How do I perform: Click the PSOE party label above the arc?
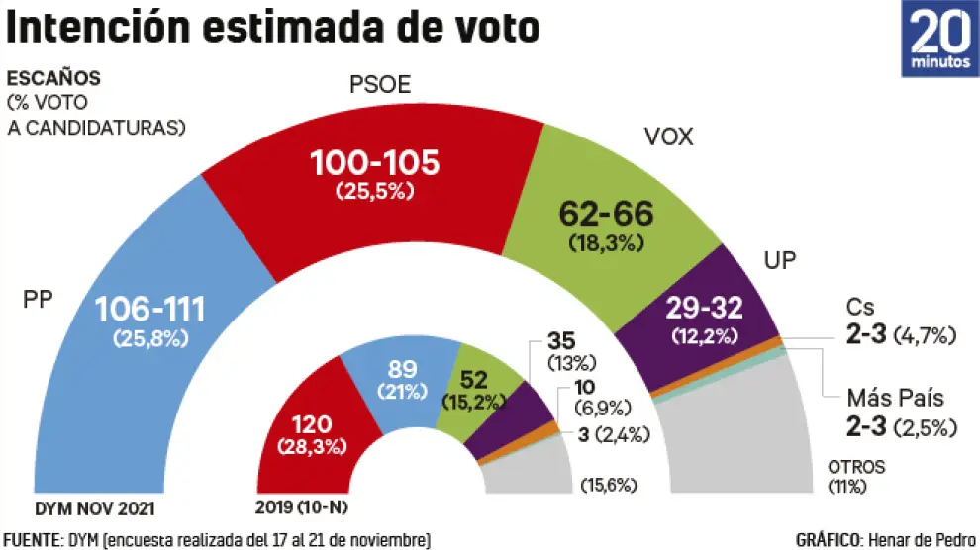pos(379,85)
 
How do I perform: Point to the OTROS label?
pos(856,467)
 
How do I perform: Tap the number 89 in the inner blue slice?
pos(401,369)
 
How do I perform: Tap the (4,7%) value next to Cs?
pos(925,336)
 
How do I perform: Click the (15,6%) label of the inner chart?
pos(607,486)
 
